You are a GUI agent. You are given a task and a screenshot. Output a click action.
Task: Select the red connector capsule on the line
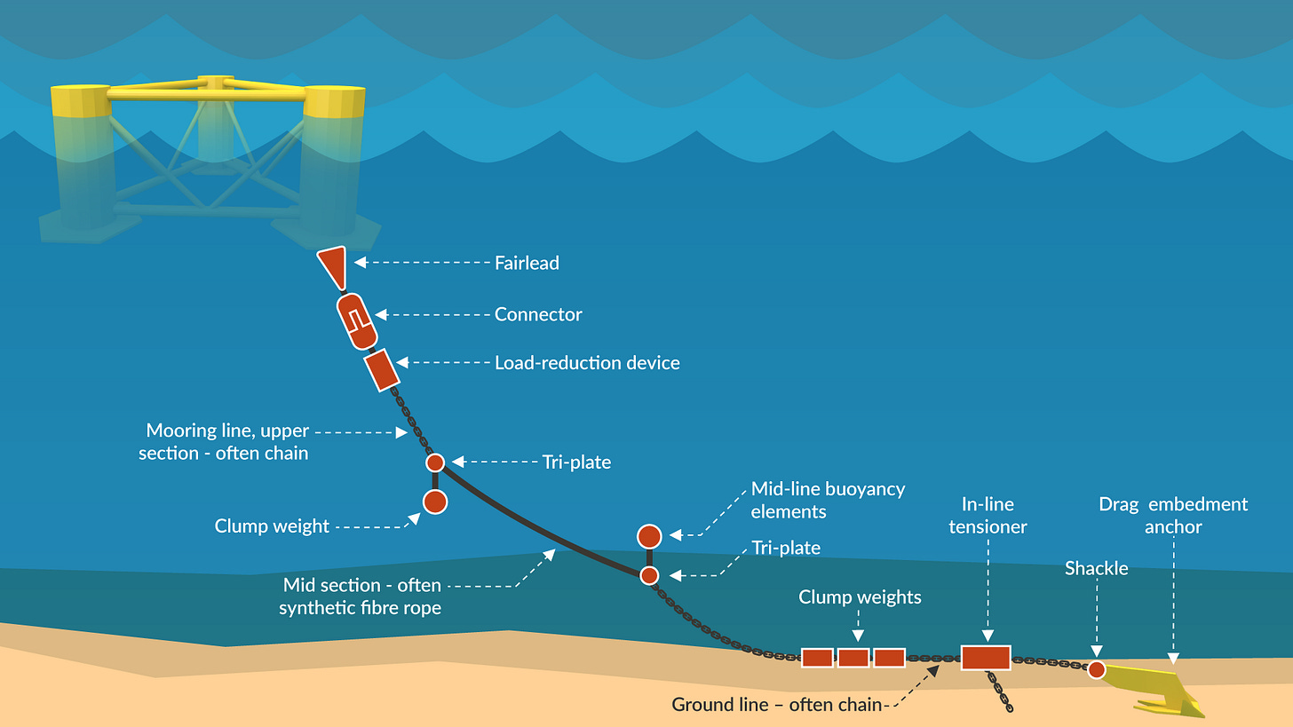356,320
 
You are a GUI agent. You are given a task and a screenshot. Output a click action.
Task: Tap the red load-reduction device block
381,369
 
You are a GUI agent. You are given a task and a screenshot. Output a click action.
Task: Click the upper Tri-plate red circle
434,462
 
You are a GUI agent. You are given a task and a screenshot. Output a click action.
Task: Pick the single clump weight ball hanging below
434,502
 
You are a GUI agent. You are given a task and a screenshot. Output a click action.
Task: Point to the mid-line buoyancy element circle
649,536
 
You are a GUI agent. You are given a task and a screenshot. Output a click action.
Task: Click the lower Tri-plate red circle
649,575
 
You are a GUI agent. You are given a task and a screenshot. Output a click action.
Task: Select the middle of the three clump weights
853,658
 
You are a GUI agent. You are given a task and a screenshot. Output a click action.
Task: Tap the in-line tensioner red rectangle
986,658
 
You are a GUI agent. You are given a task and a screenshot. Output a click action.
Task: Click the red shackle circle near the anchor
1097,669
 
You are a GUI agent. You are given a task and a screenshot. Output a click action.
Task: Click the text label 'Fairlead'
527,263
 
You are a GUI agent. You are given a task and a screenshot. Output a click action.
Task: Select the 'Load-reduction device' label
587,362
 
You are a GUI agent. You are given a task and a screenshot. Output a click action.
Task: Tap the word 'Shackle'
1097,568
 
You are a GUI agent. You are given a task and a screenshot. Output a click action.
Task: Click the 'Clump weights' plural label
860,597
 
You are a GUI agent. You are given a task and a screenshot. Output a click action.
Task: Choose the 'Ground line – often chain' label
777,705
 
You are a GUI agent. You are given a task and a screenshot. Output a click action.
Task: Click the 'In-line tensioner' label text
988,516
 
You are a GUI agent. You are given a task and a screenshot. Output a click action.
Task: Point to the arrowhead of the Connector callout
379,314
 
